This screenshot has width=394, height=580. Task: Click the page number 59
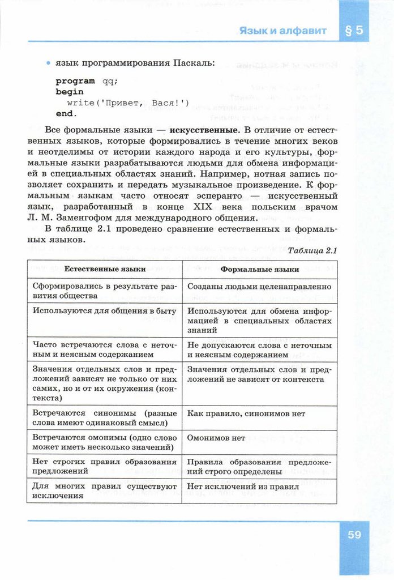(354, 535)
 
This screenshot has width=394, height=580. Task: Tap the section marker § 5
(354, 31)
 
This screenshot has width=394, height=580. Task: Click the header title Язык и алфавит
(282, 31)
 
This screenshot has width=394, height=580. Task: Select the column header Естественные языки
(104, 269)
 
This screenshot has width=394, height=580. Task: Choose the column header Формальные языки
(260, 269)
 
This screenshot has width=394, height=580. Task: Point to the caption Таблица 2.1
(312, 250)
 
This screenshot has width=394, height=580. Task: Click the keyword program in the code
(75, 81)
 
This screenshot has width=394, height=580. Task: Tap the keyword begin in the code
(69, 92)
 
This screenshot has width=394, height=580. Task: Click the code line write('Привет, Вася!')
(127, 103)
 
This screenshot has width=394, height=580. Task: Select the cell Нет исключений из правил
(242, 487)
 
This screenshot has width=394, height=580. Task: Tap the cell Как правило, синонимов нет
(246, 414)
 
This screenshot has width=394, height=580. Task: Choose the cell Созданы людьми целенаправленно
(259, 287)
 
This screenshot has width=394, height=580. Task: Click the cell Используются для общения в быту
(104, 311)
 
